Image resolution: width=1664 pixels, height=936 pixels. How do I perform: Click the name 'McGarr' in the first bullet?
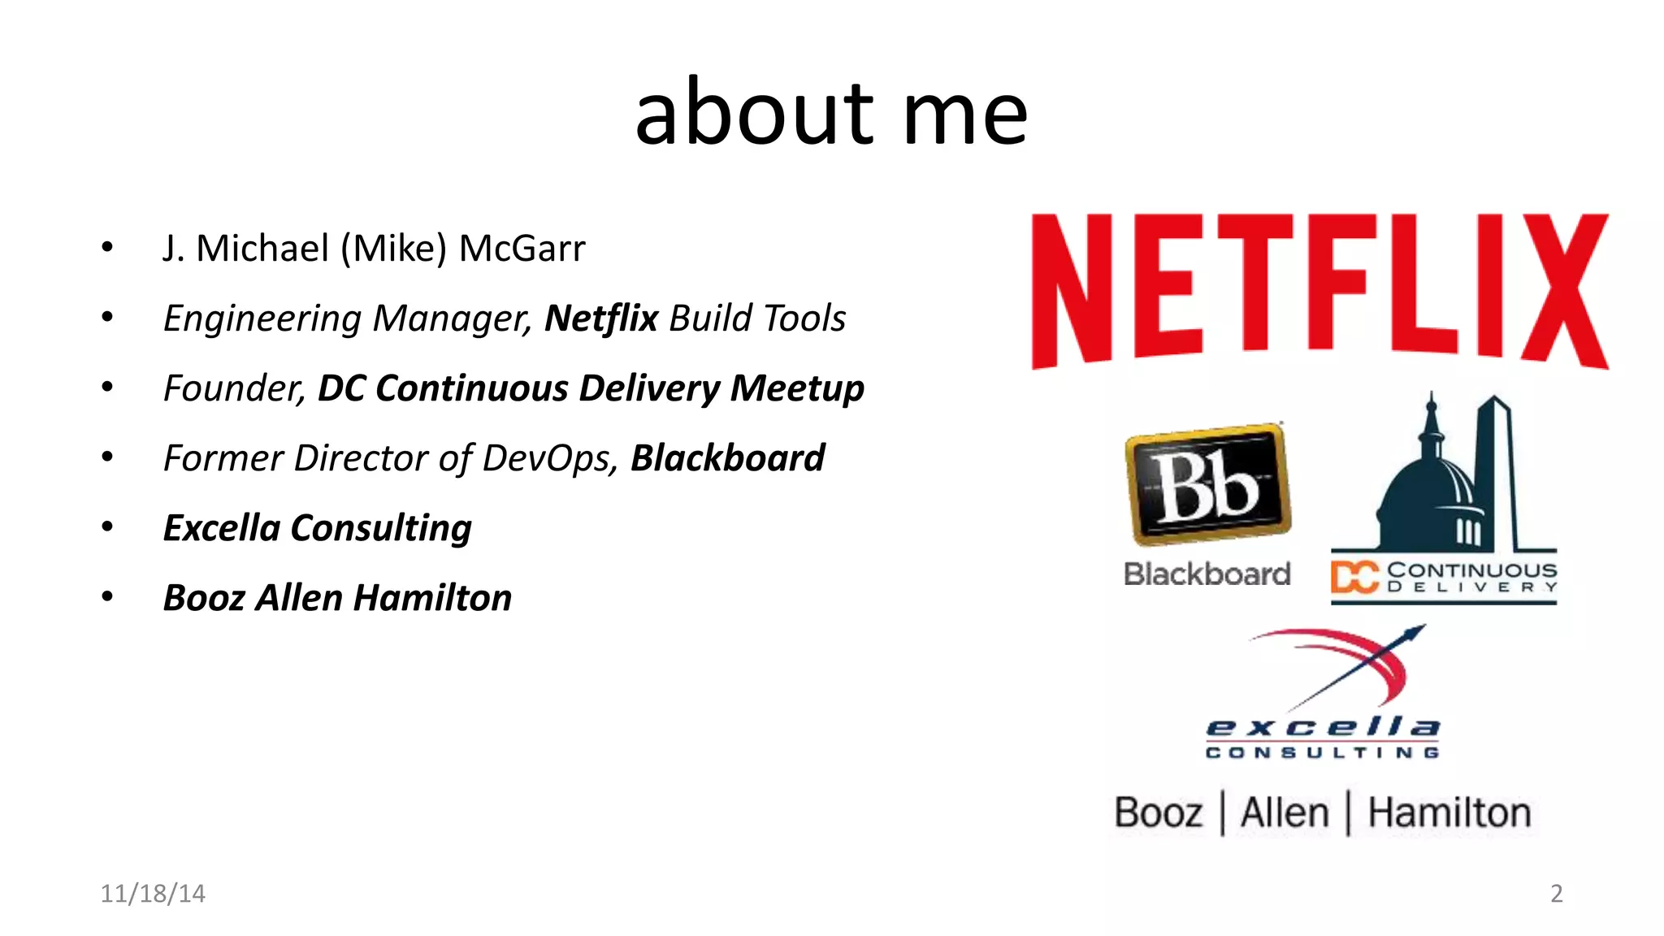pyautogui.click(x=522, y=249)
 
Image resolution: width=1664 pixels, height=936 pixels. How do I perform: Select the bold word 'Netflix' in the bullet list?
pyautogui.click(x=600, y=318)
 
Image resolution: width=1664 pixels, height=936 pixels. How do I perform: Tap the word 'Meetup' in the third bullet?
pyautogui.click(x=797, y=388)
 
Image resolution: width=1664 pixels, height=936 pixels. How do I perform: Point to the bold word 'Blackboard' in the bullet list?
pyautogui.click(x=727, y=458)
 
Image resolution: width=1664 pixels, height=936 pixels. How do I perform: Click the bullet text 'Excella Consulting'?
pyautogui.click(x=317, y=528)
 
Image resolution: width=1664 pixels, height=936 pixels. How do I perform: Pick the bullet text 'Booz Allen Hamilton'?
pyautogui.click(x=337, y=598)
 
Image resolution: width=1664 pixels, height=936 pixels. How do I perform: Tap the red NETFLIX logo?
pyautogui.click(x=1319, y=290)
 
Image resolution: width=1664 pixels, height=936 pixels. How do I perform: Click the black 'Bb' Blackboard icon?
pyautogui.click(x=1207, y=484)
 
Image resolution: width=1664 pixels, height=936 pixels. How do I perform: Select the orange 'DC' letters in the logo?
pyautogui.click(x=1354, y=578)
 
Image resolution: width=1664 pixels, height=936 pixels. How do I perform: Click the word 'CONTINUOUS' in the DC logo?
pyautogui.click(x=1471, y=570)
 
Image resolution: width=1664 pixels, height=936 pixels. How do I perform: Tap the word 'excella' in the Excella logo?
pyautogui.click(x=1322, y=726)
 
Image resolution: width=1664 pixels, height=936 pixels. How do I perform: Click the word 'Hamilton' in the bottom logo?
pyautogui.click(x=1449, y=812)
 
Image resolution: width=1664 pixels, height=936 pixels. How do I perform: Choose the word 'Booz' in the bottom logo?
pyautogui.click(x=1158, y=812)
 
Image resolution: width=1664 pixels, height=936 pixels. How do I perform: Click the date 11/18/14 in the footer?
pyautogui.click(x=153, y=894)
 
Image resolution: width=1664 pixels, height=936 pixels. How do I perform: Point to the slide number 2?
pyautogui.click(x=1556, y=894)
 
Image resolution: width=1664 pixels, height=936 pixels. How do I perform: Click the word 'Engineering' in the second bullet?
pyautogui.click(x=262, y=318)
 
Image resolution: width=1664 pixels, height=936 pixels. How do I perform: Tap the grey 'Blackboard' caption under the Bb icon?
pyautogui.click(x=1207, y=574)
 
